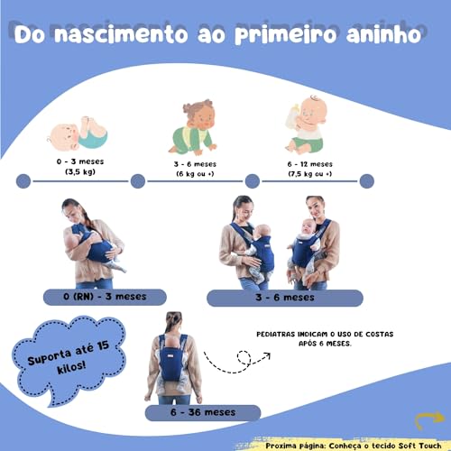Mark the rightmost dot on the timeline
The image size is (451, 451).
(367, 181)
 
